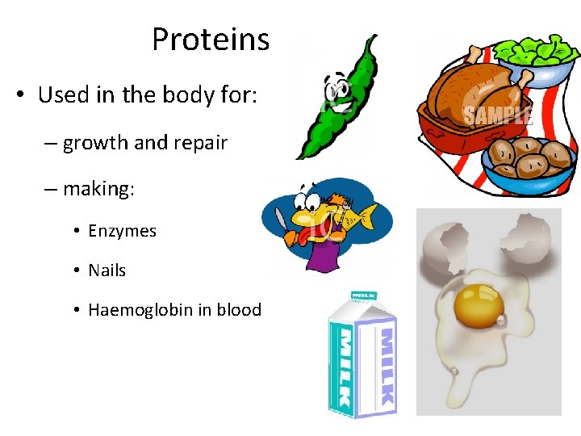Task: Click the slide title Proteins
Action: (210, 39)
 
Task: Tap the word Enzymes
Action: (122, 231)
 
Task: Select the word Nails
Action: (107, 270)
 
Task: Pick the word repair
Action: (199, 144)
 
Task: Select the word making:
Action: (99, 189)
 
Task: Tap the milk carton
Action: (362, 355)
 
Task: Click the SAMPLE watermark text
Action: (498, 115)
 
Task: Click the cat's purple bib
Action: (323, 254)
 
